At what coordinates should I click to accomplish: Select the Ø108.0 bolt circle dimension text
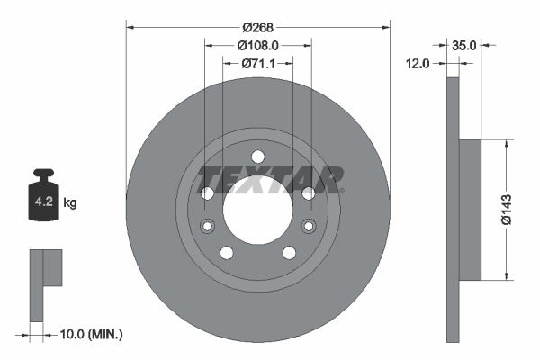click(258, 44)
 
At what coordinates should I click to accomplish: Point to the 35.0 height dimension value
click(464, 43)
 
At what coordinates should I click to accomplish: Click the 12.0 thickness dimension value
click(419, 63)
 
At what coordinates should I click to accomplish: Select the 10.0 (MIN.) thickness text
click(89, 334)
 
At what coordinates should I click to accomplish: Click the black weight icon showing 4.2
click(43, 199)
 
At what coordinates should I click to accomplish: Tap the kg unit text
click(71, 203)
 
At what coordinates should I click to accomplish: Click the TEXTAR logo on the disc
click(271, 179)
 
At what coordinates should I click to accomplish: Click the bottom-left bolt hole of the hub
click(227, 252)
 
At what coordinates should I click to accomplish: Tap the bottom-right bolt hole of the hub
click(289, 252)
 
